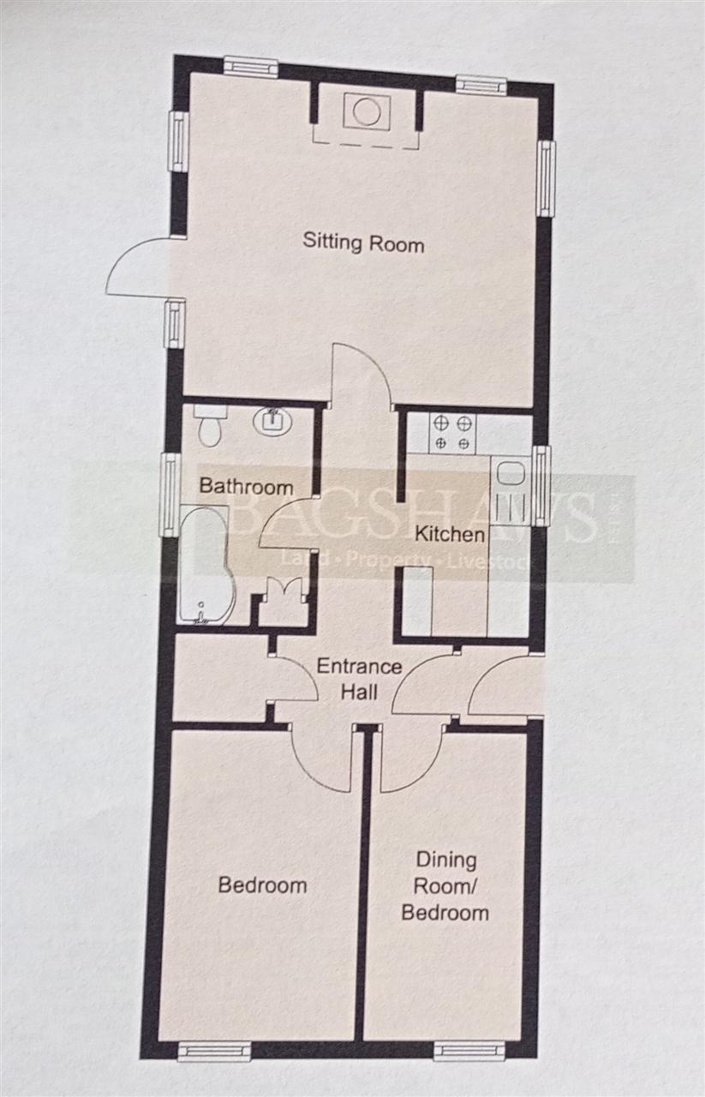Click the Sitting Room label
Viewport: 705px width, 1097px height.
pyautogui.click(x=363, y=243)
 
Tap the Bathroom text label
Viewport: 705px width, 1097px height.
pyautogui.click(x=246, y=486)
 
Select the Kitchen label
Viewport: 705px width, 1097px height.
pyautogui.click(x=450, y=534)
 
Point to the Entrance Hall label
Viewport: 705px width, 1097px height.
pyautogui.click(x=360, y=680)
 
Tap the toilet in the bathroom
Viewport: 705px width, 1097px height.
pyautogui.click(x=211, y=425)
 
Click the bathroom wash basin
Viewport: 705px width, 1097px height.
pyautogui.click(x=272, y=420)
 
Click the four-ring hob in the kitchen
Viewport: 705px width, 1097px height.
pyautogui.click(x=453, y=433)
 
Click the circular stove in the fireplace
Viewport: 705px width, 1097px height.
pyautogui.click(x=367, y=111)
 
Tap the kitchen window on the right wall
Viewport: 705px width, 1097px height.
pyautogui.click(x=541, y=485)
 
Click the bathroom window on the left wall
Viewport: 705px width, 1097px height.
pyautogui.click(x=170, y=495)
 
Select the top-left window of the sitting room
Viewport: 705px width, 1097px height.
pyautogui.click(x=251, y=66)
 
